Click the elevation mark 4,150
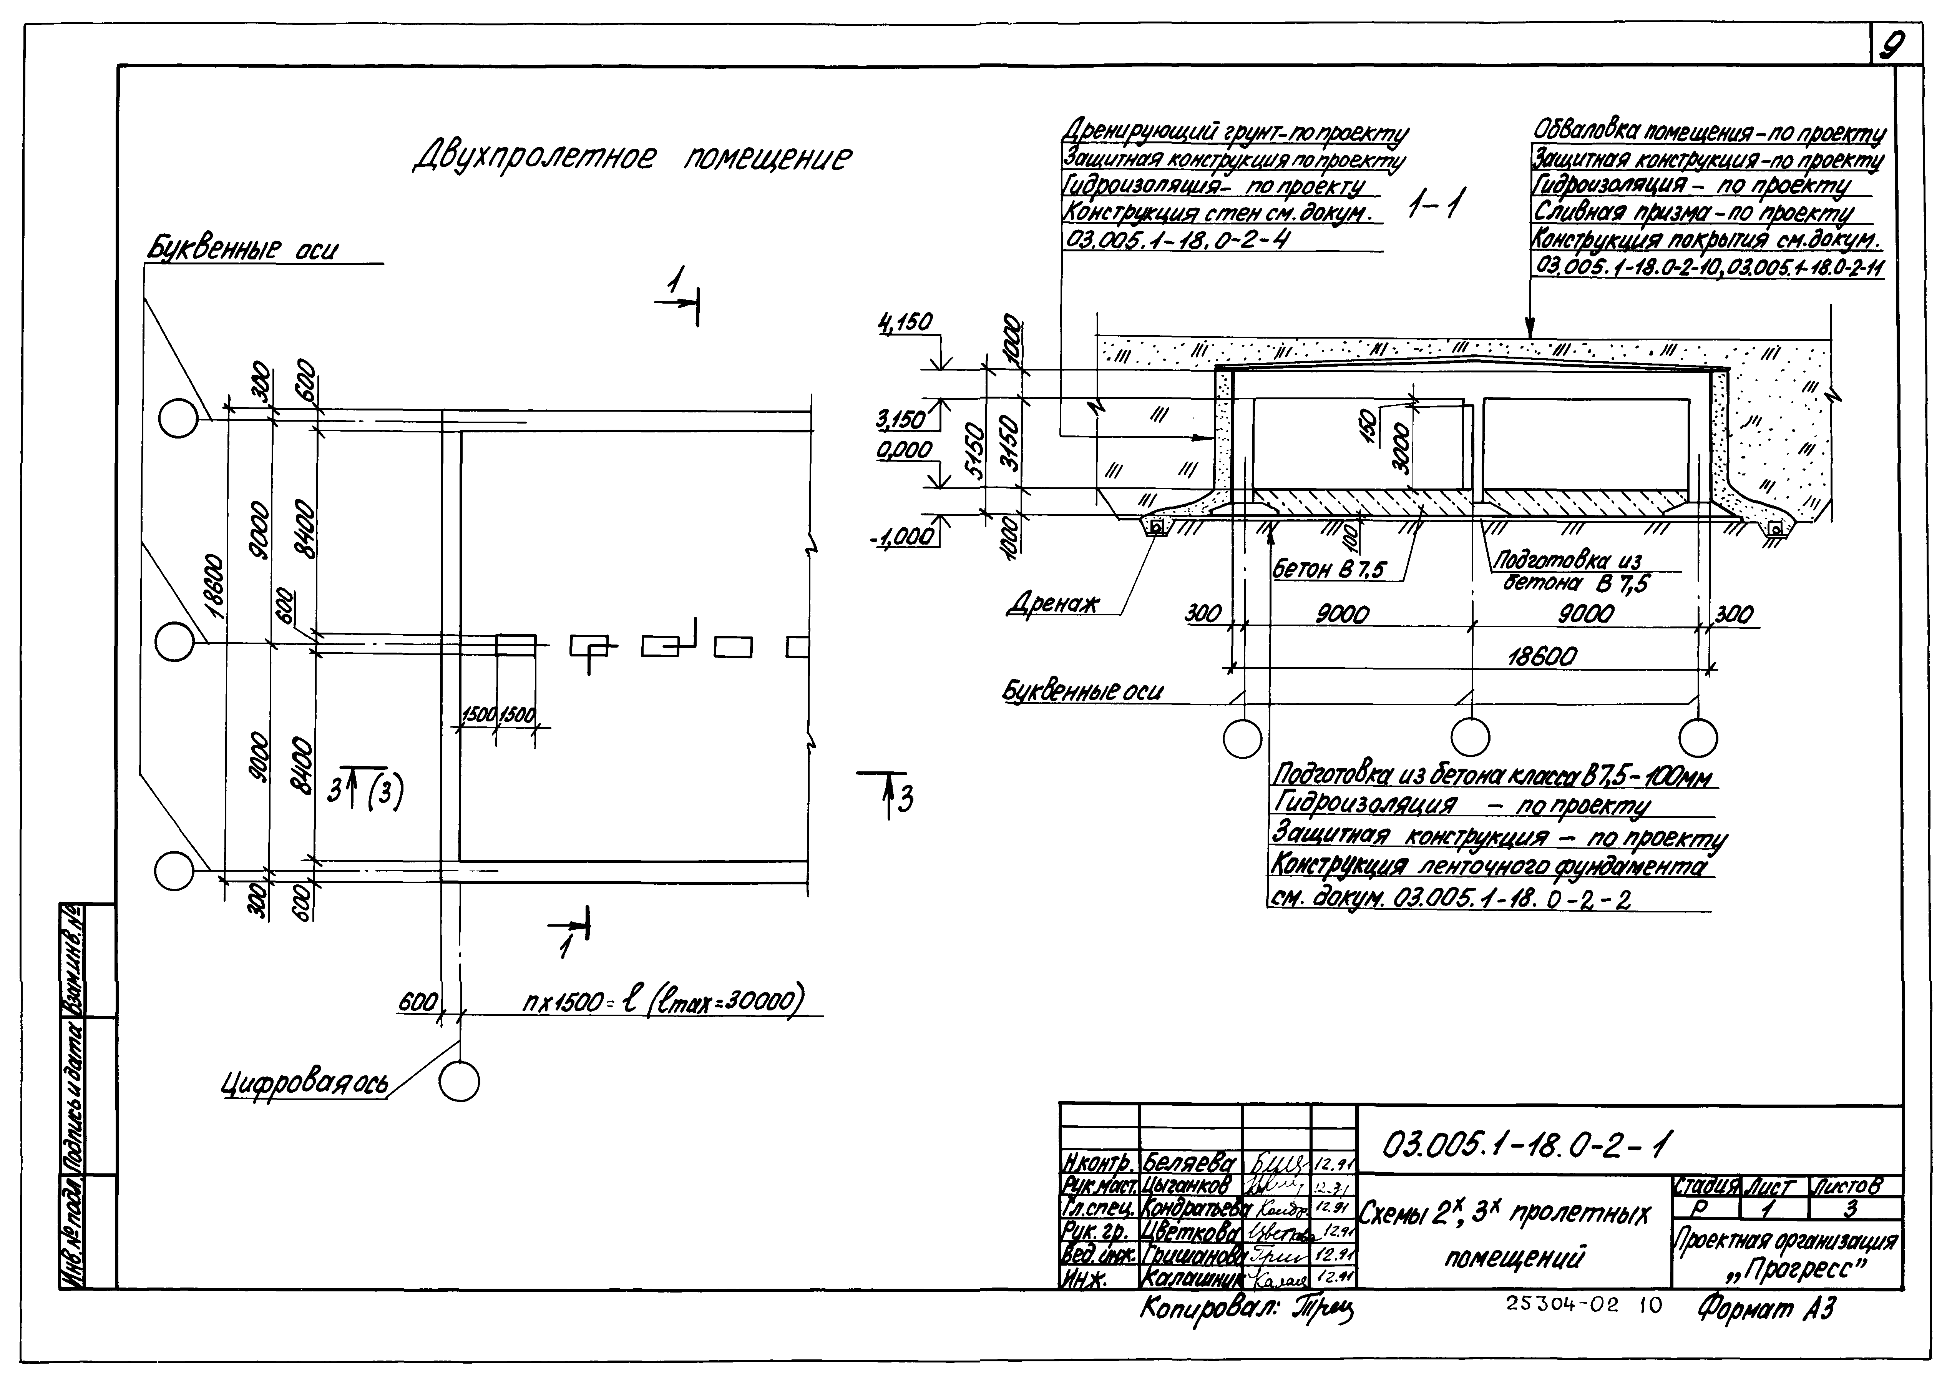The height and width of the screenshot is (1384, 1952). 905,322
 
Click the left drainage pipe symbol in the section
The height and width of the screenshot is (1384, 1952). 1156,528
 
